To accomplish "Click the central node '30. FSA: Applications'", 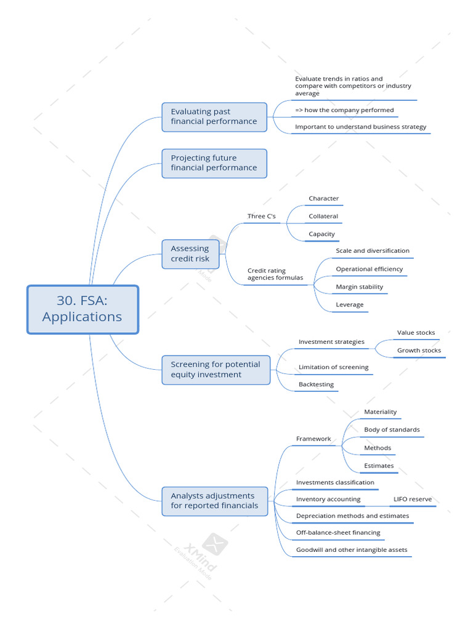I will click(83, 309).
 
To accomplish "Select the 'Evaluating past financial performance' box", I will click(214, 116).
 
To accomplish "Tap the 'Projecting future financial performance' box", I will click(214, 163).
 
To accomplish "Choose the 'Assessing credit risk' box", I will click(190, 253).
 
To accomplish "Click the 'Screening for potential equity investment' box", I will click(216, 369).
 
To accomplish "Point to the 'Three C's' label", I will click(261, 217).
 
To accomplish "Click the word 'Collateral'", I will click(323, 217).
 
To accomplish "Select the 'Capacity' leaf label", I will click(321, 234).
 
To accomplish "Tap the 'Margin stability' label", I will click(359, 287).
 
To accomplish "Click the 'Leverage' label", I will click(349, 305).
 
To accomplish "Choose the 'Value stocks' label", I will click(416, 333).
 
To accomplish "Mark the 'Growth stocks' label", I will click(419, 351).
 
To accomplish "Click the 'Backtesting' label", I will click(316, 385).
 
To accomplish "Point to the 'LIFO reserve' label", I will click(412, 499).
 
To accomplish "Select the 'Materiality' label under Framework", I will click(380, 412).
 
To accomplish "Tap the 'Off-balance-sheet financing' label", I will click(338, 533).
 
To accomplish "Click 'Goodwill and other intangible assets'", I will click(352, 550).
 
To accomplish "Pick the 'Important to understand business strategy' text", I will click(360, 127).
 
